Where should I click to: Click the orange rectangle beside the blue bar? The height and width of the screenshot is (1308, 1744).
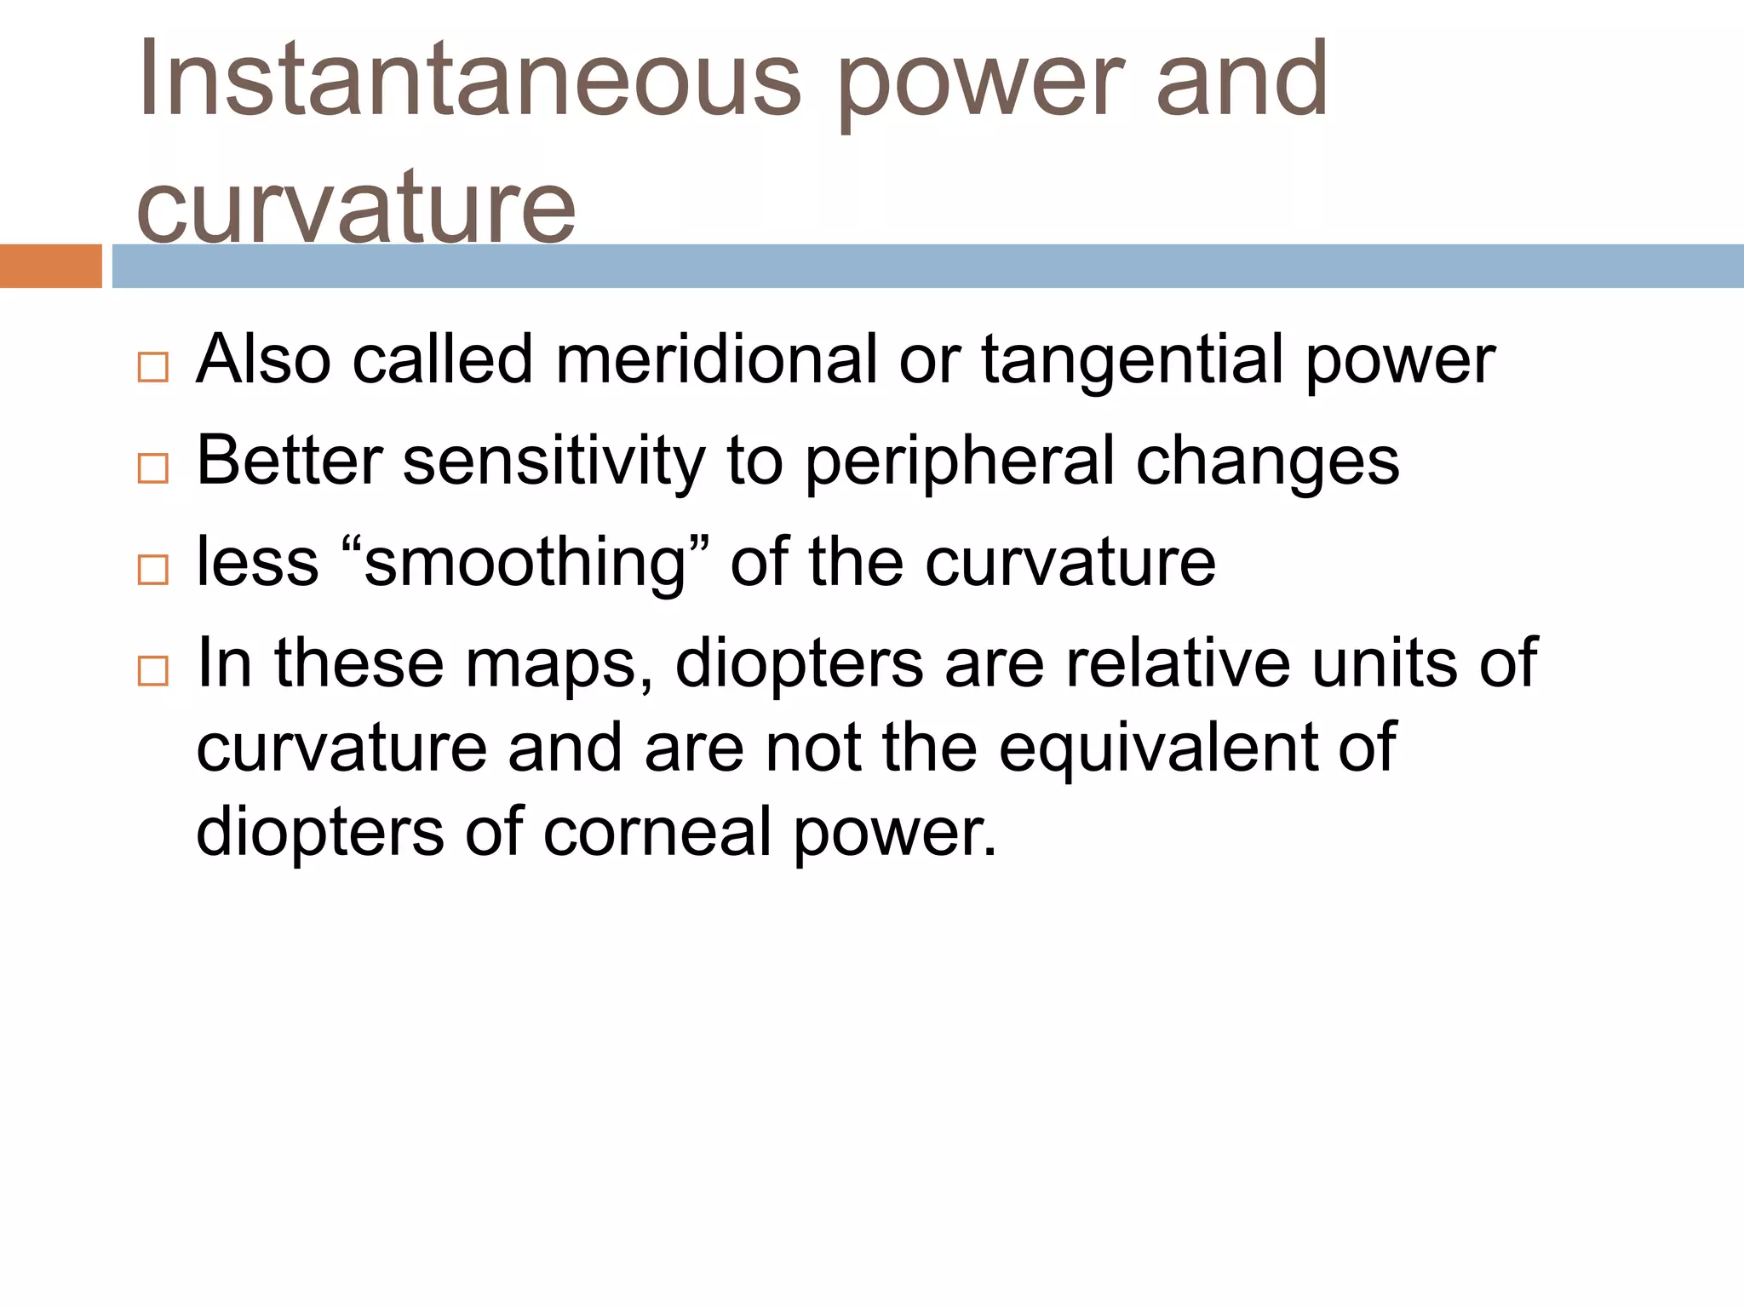click(x=50, y=266)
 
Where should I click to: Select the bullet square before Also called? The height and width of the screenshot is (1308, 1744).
click(x=153, y=368)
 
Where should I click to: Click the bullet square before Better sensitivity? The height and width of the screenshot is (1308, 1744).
click(x=153, y=468)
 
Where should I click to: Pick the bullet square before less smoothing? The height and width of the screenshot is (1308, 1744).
click(x=153, y=569)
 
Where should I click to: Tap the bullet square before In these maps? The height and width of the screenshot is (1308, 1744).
click(x=153, y=671)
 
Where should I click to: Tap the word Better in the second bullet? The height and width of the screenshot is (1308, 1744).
click(x=290, y=461)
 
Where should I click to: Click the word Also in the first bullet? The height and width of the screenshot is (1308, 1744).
click(x=263, y=359)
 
